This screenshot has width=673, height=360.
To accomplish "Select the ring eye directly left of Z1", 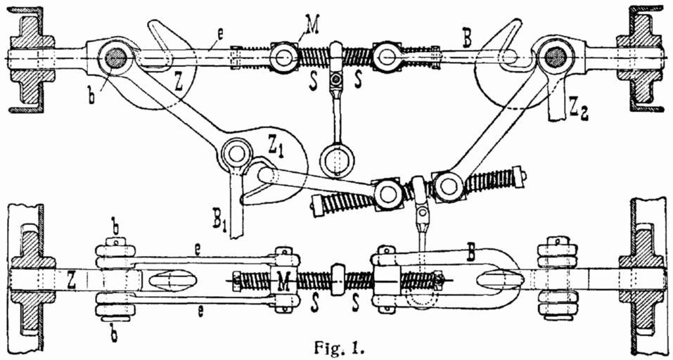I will tap(236, 153).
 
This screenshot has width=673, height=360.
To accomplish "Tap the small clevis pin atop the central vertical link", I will tap(338, 78).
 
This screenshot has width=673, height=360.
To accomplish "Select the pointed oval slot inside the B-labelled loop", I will tap(498, 278).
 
